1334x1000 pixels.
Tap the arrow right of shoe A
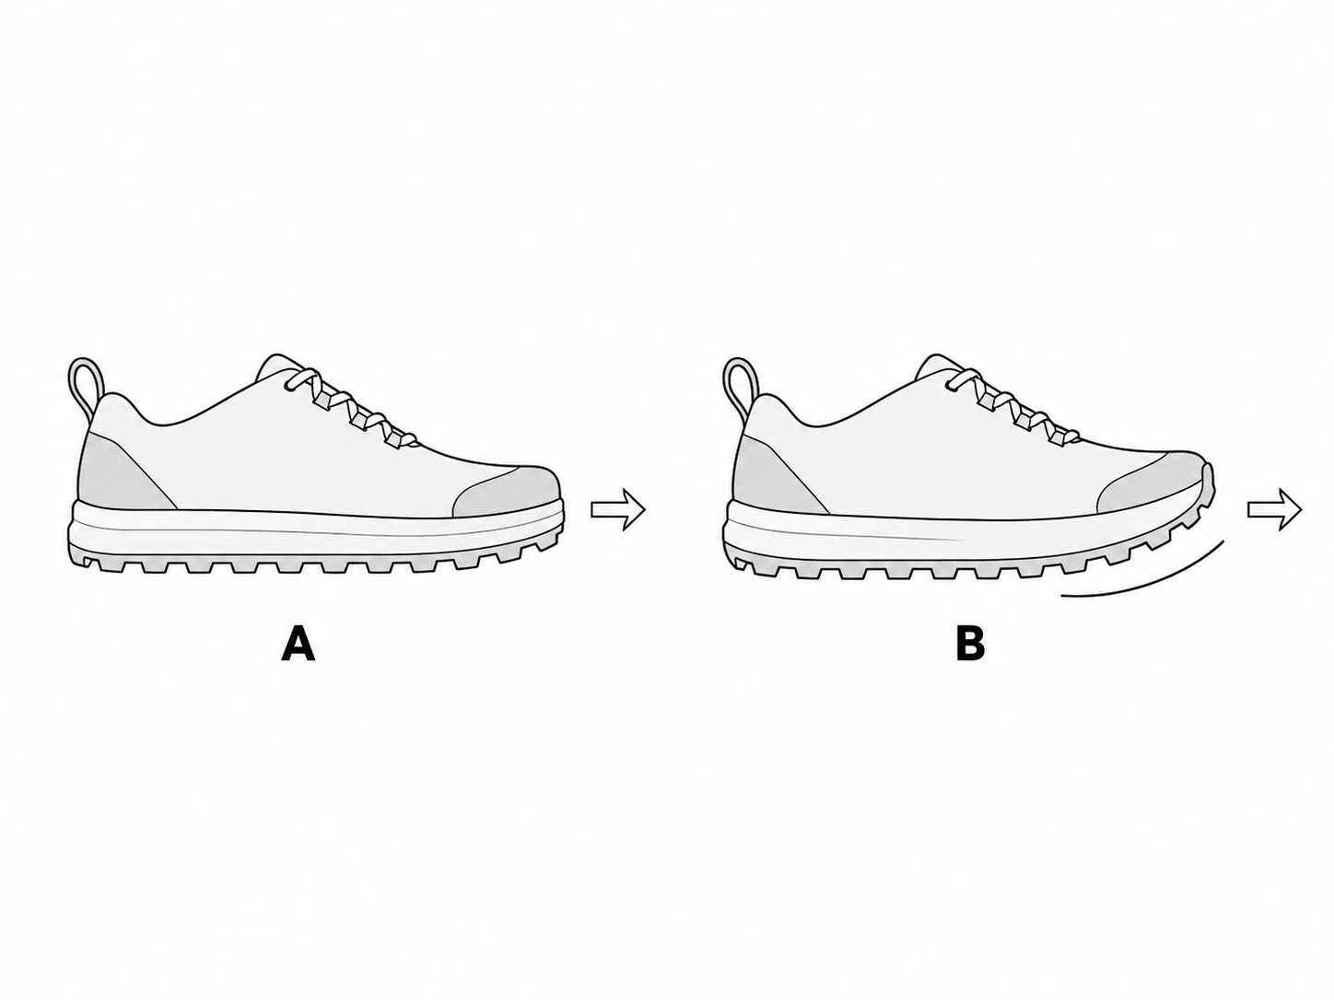(617, 509)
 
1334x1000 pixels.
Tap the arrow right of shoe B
(1274, 509)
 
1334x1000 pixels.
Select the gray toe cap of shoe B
(1154, 486)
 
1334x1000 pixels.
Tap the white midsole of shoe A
(316, 532)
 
